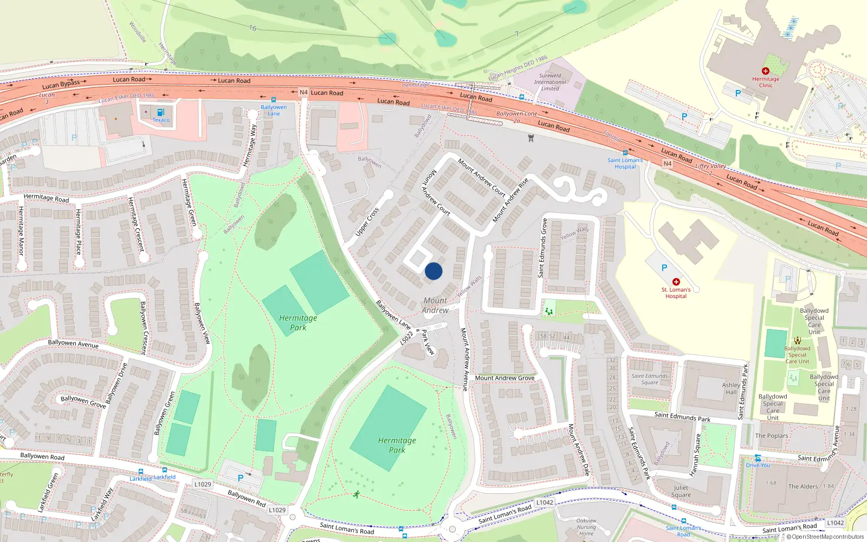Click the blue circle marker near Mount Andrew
pos(433,271)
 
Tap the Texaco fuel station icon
pos(160,112)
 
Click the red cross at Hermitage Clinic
pos(766,71)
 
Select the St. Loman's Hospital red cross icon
pos(676,282)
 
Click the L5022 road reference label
pos(406,338)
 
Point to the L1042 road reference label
pos(545,502)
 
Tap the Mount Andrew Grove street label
pos(504,378)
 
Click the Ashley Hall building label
pos(731,388)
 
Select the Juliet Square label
pos(681,491)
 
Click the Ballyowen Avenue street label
pos(73,344)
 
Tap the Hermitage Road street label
pos(47,198)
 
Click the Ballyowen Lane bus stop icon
pos(274,100)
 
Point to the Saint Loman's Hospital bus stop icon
pos(625,153)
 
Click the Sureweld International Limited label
pos(550,82)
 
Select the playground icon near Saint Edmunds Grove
pos(549,311)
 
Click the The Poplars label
pos(772,436)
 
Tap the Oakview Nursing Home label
pos(586,527)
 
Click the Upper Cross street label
pos(367,222)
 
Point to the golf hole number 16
pos(253,28)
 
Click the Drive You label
pos(758,465)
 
